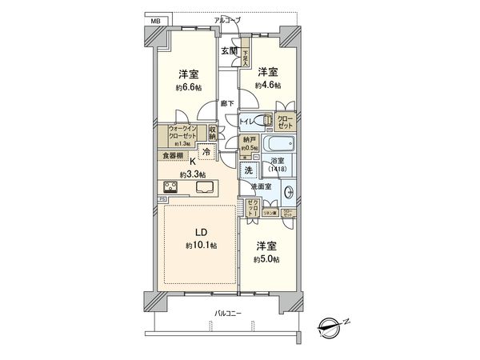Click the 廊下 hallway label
pos(227,103)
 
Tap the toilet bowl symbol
pos(266,121)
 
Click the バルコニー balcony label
pos(231,313)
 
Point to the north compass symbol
pos(330,325)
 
